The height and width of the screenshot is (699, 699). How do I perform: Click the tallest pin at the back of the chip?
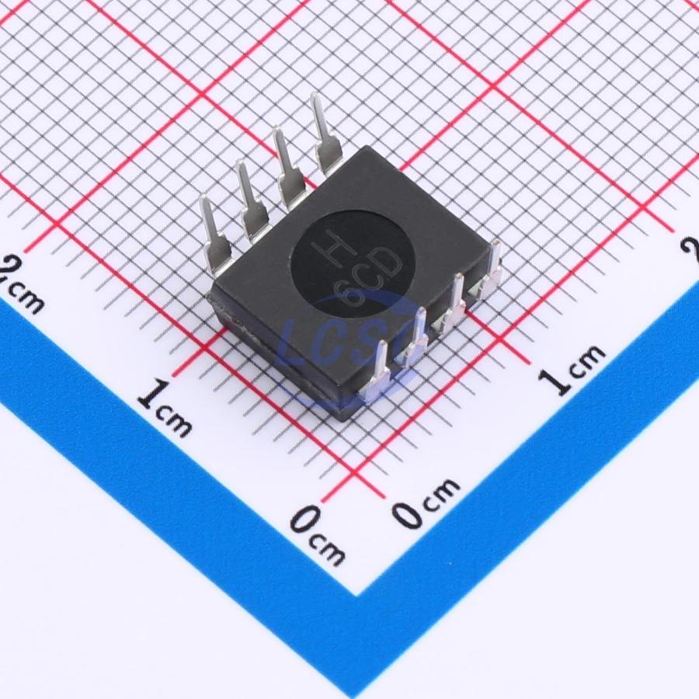pos(324,133)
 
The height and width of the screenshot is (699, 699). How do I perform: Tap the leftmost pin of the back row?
pos(214,234)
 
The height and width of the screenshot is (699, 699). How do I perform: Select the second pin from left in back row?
pos(252,201)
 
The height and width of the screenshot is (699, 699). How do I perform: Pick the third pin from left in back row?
pos(288,168)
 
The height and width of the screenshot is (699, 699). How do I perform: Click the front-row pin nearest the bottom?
pos(378,370)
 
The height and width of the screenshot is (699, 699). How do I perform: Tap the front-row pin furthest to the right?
pos(490,272)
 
